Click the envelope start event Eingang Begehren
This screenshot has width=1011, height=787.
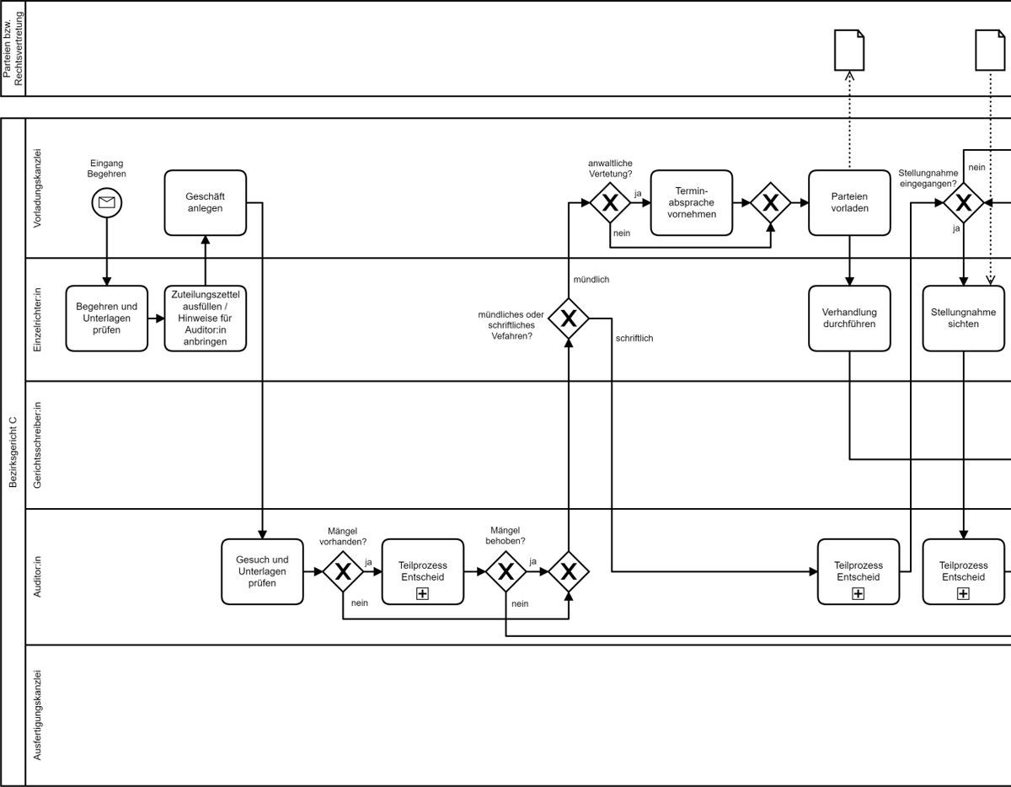click(107, 202)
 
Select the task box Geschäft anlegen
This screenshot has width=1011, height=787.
click(205, 202)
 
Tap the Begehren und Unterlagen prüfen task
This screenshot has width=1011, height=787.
click(107, 319)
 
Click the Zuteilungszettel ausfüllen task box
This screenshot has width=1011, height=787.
click(205, 319)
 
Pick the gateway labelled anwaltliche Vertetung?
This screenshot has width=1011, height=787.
click(610, 202)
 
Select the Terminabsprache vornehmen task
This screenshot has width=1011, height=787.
click(691, 202)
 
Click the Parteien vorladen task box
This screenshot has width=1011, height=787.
click(849, 202)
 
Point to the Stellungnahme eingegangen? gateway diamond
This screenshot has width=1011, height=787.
click(963, 202)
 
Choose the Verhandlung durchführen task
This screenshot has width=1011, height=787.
click(849, 319)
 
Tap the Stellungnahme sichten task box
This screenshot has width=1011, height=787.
click(963, 319)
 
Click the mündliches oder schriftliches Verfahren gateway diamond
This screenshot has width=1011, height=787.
click(569, 319)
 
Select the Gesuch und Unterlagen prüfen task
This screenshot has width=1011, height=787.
click(262, 571)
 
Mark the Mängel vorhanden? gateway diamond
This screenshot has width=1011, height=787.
click(343, 571)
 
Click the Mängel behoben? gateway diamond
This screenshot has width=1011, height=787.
click(505, 571)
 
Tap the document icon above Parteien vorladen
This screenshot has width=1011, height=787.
click(849, 50)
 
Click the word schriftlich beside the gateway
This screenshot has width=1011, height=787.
click(634, 338)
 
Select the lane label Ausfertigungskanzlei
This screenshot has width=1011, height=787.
click(37, 715)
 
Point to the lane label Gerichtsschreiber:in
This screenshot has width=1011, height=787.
click(37, 445)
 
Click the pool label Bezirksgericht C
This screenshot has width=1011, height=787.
click(13, 452)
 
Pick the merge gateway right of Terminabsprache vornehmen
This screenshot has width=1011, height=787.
click(770, 202)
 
